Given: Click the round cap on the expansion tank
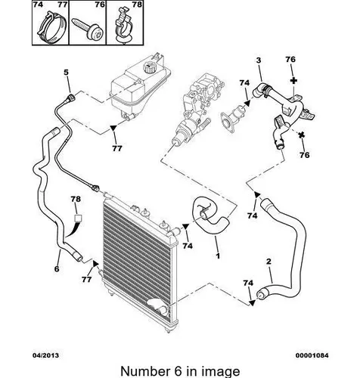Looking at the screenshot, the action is (148, 67).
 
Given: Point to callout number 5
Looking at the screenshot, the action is (66, 73).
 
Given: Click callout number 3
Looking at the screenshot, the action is (259, 60).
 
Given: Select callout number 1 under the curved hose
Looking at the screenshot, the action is (218, 256).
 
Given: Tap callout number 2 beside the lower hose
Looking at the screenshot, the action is (268, 262).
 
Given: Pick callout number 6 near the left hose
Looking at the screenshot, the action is (57, 269).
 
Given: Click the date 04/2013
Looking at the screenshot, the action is (45, 355).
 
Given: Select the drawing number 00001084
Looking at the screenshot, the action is (312, 355).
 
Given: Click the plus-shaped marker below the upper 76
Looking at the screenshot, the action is (293, 81).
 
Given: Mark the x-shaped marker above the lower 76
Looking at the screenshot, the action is (302, 135).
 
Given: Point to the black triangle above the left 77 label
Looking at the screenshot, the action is (113, 128).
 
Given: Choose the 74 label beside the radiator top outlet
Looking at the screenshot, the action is (188, 246).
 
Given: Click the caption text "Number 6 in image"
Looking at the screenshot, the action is (180, 371).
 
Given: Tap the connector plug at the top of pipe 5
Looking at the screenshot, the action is (71, 98).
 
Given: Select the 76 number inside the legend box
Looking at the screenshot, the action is (100, 5).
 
